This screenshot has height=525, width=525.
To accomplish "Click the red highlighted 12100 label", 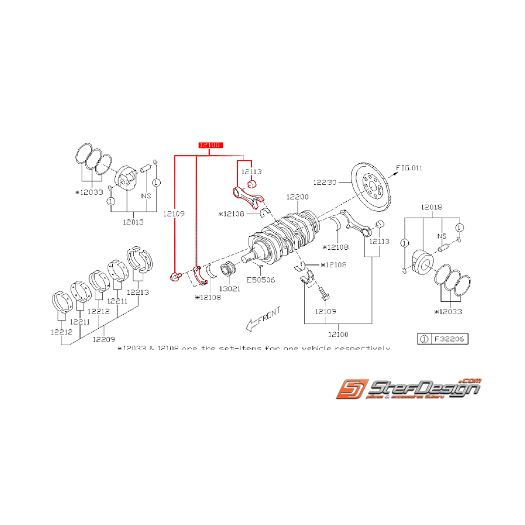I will coord(210,145).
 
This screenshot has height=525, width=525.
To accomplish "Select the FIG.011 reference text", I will coord(409,168).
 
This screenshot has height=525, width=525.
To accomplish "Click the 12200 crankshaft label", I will coord(297,197).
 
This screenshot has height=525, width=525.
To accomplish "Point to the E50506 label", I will coord(261,279).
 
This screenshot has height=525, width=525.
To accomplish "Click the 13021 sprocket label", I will coord(230,288).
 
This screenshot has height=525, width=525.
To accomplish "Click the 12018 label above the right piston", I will coord(431,208).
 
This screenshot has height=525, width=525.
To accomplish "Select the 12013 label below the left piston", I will coord(133,222).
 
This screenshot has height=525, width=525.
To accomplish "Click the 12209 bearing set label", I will coord(104,339).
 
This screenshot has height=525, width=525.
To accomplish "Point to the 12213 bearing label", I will coord(138,292).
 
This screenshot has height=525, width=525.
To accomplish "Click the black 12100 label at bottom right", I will coord(338,335).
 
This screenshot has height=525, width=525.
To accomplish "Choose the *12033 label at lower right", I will coord(449,311).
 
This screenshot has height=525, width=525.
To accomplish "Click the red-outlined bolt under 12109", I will coord(175,276).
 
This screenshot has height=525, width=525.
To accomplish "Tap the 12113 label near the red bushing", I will coord(252,171).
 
